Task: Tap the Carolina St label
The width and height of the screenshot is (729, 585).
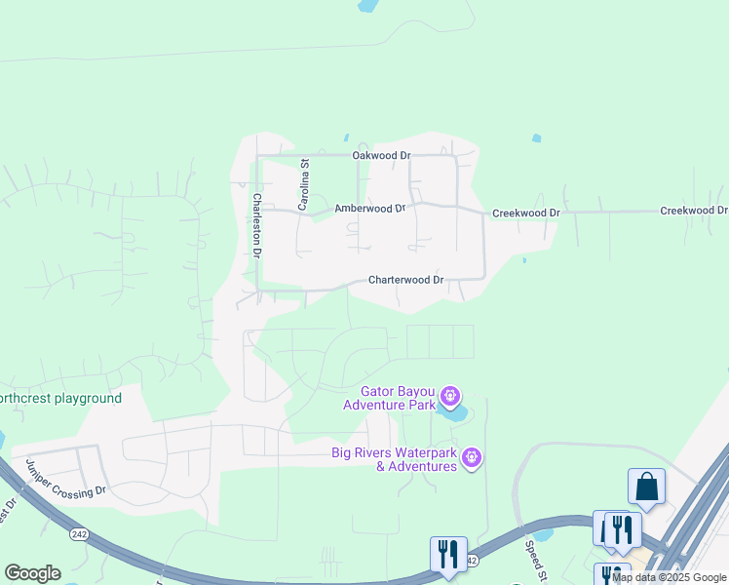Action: [x=303, y=185]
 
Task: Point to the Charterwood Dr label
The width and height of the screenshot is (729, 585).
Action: [x=405, y=280]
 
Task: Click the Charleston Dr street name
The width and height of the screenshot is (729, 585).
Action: [x=257, y=225]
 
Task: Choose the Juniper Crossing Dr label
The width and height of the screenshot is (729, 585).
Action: [x=65, y=478]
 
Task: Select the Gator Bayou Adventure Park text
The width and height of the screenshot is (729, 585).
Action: [x=389, y=398]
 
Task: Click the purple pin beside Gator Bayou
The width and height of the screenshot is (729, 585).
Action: [x=449, y=396]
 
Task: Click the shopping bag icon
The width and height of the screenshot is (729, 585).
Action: [x=646, y=485]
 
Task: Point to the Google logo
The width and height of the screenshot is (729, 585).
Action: [x=32, y=573]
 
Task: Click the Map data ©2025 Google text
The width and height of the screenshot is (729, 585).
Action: [x=670, y=577]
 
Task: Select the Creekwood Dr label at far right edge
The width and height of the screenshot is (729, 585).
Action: [x=694, y=211]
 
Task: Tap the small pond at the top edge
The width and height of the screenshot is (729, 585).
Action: [x=366, y=5]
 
